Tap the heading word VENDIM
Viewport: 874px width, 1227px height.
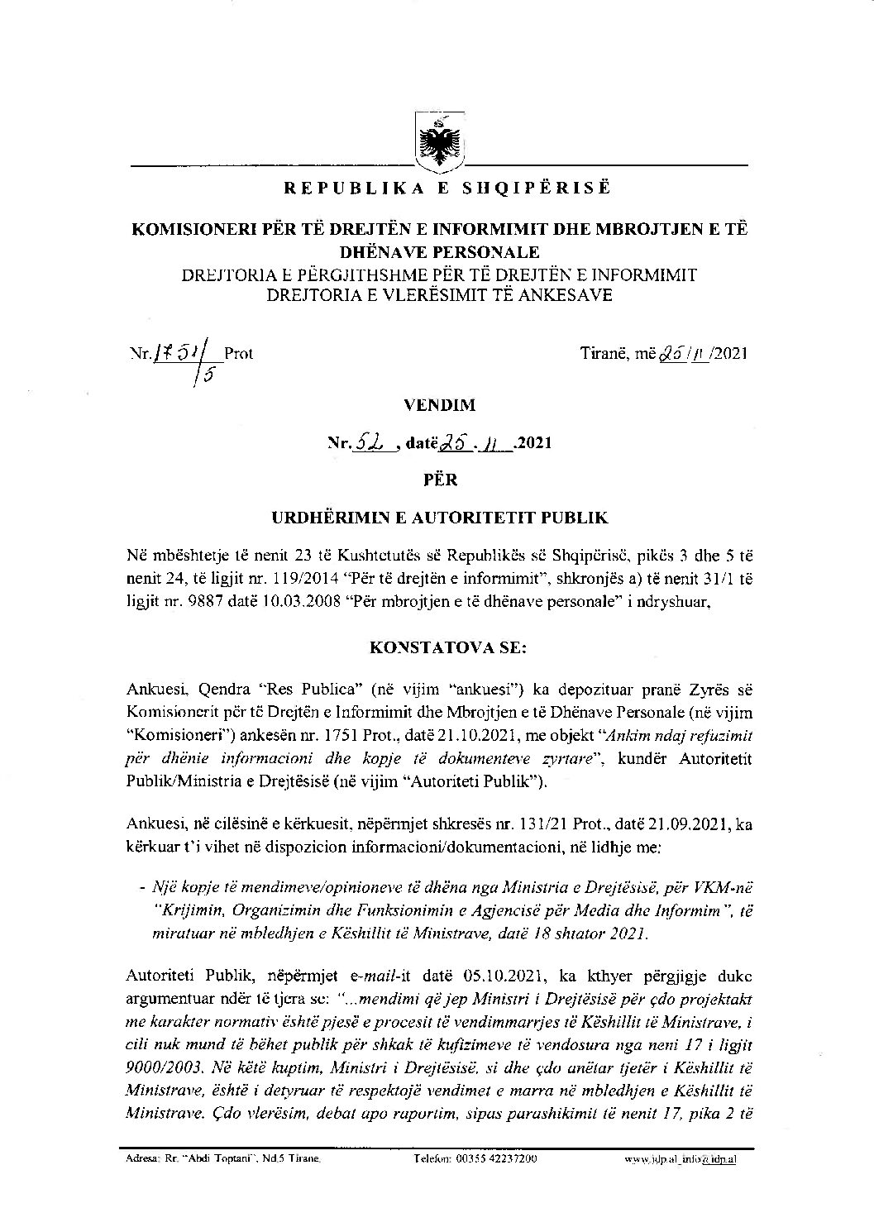click(x=437, y=406)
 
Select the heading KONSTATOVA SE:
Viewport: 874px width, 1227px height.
click(x=437, y=647)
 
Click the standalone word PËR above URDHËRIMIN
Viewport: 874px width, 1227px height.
click(x=437, y=480)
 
